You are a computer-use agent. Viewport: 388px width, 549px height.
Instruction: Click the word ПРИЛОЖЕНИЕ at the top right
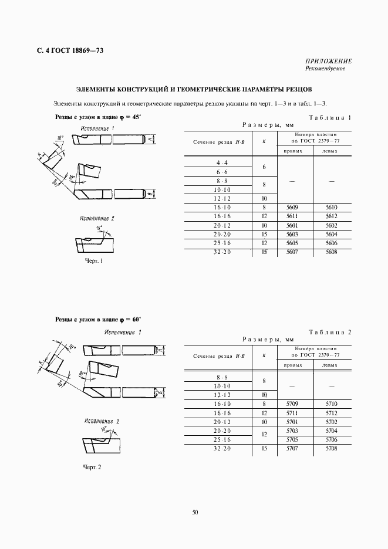coord(329,62)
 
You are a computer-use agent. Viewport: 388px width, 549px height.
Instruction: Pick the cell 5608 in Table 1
coord(332,252)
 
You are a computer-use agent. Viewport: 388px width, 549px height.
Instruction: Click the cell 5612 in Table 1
coord(332,216)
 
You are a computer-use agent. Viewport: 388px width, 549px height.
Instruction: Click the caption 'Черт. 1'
coord(94,261)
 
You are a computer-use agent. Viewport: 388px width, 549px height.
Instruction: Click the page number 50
coord(195,512)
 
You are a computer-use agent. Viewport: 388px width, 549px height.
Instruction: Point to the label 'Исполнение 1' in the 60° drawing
coord(123,332)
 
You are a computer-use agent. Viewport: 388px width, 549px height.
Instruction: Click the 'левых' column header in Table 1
coord(332,151)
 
